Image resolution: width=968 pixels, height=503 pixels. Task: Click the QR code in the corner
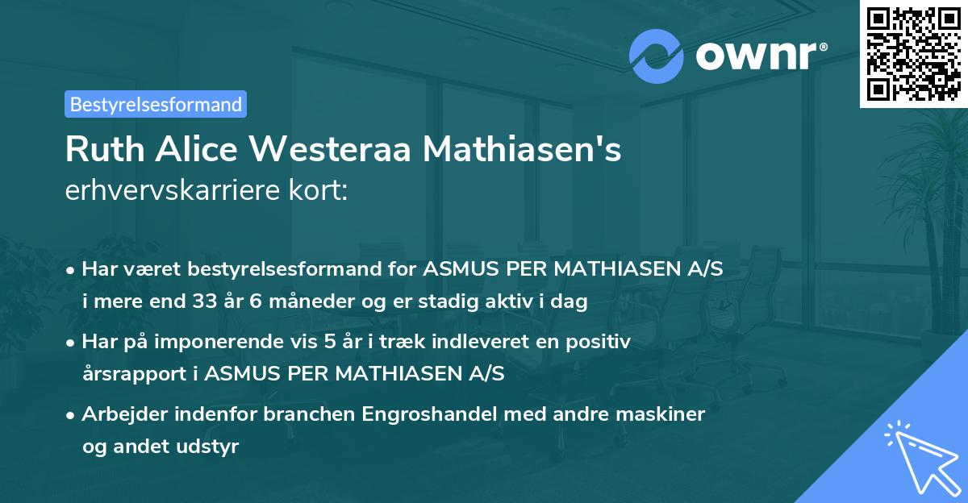[914, 53]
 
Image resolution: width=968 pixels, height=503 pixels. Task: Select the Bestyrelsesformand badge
[156, 104]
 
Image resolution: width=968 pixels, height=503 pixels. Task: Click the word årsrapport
[137, 374]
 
